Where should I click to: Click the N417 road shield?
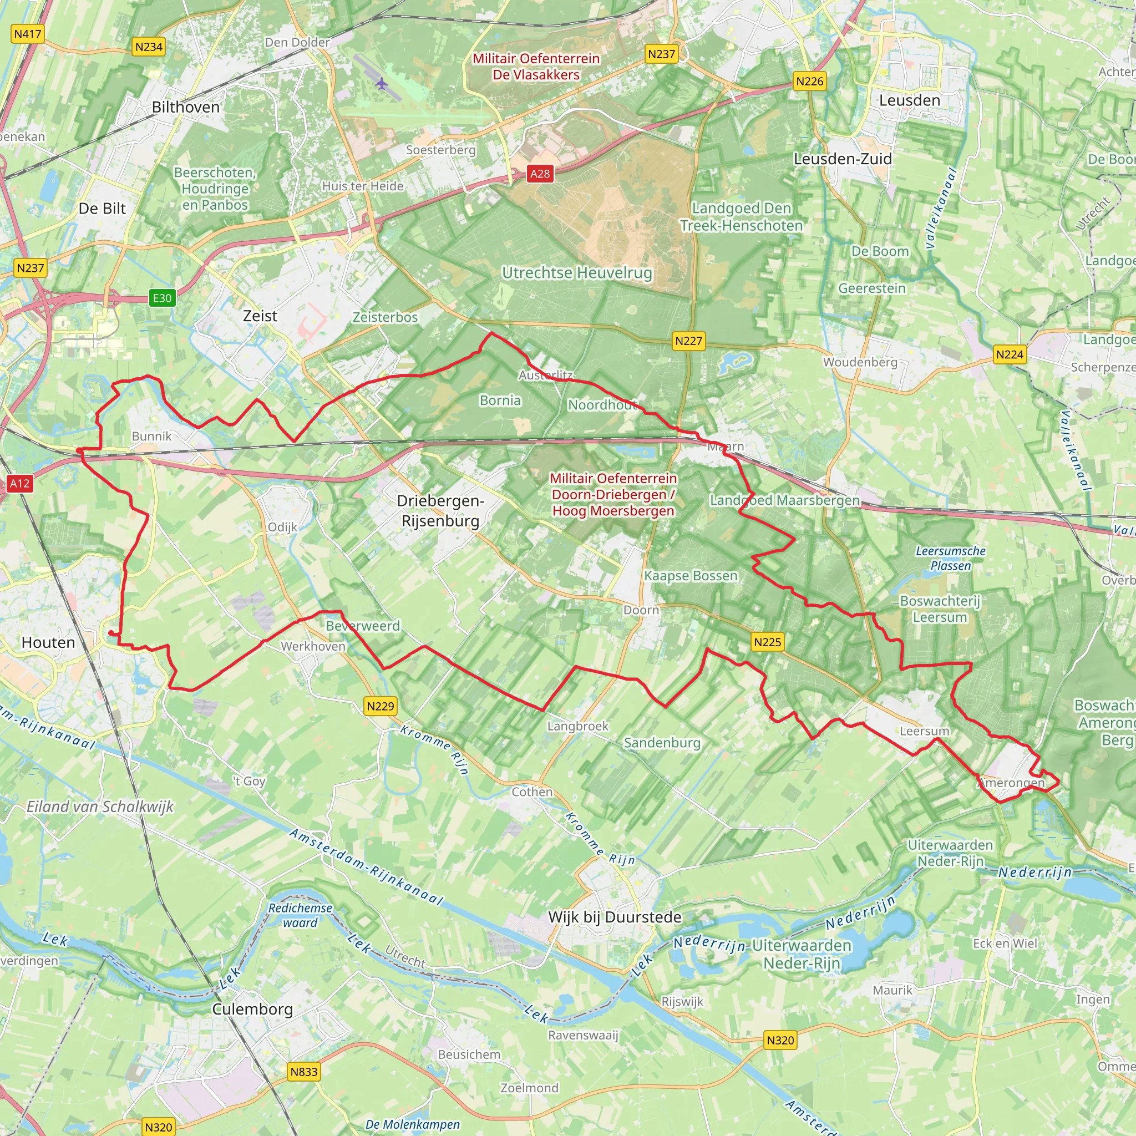click(28, 34)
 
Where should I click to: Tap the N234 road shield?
click(148, 47)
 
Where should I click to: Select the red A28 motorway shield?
click(540, 174)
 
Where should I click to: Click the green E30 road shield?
click(163, 298)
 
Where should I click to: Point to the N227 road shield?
click(688, 341)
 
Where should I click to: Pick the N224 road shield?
click(1010, 354)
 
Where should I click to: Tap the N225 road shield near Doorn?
click(767, 642)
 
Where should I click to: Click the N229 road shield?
click(381, 706)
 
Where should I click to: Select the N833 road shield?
click(304, 1071)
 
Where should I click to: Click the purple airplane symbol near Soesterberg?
click(382, 84)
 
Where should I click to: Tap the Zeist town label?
click(260, 316)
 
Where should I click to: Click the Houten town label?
click(48, 642)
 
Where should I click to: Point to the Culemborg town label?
click(252, 1009)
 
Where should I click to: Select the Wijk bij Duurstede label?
click(615, 917)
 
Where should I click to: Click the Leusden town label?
click(910, 100)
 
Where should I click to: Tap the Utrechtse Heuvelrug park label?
click(577, 273)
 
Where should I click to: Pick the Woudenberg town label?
click(860, 362)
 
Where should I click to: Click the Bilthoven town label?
click(185, 107)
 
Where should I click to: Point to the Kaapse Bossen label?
click(691, 576)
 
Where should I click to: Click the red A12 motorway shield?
click(19, 483)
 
